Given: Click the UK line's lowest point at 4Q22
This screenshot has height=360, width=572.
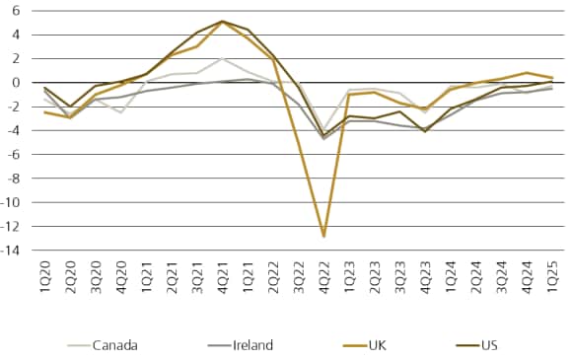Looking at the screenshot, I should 323,237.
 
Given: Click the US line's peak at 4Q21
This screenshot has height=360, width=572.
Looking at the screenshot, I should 221,21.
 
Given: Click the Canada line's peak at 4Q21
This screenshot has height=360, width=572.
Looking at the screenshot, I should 221,58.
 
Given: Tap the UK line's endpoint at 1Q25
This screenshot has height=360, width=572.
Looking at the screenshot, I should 552,78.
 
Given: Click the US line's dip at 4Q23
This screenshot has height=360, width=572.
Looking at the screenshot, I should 425,131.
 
